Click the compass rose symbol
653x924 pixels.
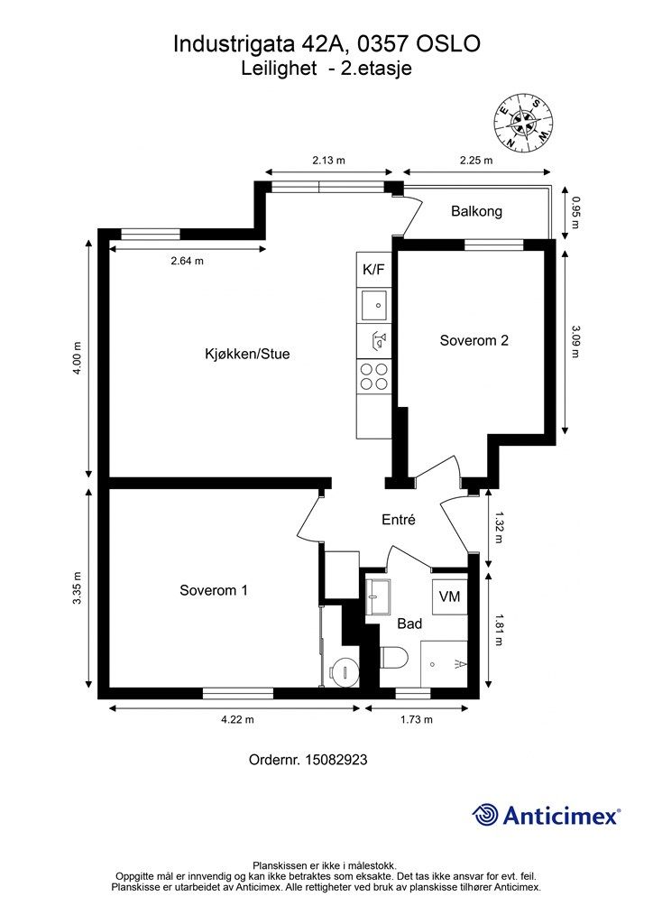pos(524,122)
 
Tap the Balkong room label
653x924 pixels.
pos(476,211)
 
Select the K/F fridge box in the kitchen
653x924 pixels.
pos(373,270)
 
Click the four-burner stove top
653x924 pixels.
pos(374,377)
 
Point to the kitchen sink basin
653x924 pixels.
pos(373,305)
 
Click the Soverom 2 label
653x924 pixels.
pos(474,340)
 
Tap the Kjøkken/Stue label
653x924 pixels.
pos(247,354)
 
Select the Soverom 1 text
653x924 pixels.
pos(214,590)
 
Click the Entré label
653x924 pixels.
pos(399,519)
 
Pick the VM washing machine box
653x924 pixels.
pos(449,597)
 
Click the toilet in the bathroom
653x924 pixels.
pos(394,658)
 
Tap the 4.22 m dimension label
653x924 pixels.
pos(237,719)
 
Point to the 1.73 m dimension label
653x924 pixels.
pos(417,719)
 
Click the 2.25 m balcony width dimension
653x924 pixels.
pos(476,161)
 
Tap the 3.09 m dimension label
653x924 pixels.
pos(575,341)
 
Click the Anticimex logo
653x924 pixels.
pos(546,815)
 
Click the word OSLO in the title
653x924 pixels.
pos(448,44)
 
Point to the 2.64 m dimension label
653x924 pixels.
pos(188,261)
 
